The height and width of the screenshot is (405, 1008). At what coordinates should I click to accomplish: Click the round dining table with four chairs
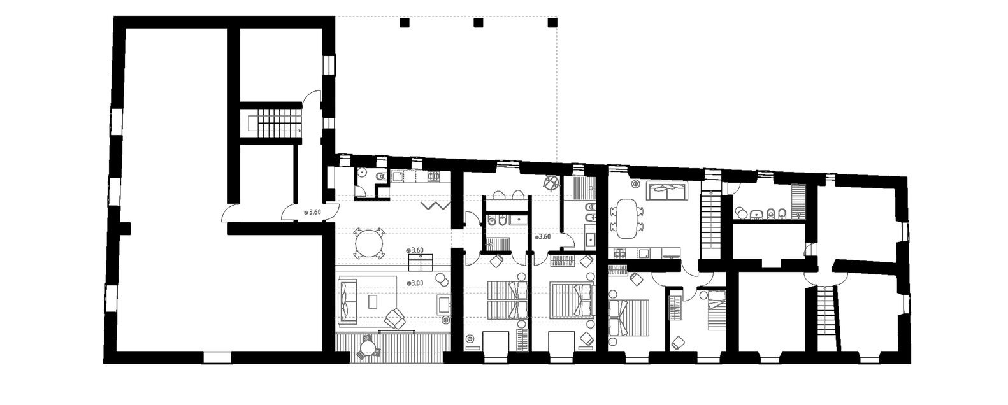pyautogui.click(x=368, y=244)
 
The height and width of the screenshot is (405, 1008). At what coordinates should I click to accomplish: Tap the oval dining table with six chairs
pyautogui.click(x=626, y=218)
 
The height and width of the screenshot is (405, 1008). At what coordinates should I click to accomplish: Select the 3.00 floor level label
pyautogui.click(x=415, y=283)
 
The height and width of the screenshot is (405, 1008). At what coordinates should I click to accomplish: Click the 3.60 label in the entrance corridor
pyautogui.click(x=313, y=212)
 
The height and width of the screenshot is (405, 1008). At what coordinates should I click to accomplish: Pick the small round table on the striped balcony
pyautogui.click(x=368, y=348)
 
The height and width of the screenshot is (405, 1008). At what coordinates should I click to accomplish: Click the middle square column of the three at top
pyautogui.click(x=478, y=22)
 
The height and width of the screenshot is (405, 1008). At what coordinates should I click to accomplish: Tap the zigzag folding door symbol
pyautogui.click(x=435, y=206)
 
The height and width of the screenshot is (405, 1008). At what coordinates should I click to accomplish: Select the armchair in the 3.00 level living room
pyautogui.click(x=395, y=318)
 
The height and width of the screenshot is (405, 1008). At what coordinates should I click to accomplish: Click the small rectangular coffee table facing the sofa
pyautogui.click(x=373, y=301)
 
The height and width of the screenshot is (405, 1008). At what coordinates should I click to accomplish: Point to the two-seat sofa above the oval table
pyautogui.click(x=668, y=190)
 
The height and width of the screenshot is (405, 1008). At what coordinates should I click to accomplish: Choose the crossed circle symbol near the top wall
pyautogui.click(x=552, y=183)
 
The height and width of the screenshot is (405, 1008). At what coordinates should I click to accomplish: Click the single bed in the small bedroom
pyautogui.click(x=716, y=310)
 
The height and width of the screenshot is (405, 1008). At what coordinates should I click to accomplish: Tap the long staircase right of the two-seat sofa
pyautogui.click(x=711, y=225)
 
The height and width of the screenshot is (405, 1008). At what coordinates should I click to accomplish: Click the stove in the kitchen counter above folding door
pyautogui.click(x=433, y=176)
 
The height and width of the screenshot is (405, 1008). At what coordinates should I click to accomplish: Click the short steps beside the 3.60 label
pyautogui.click(x=421, y=262)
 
